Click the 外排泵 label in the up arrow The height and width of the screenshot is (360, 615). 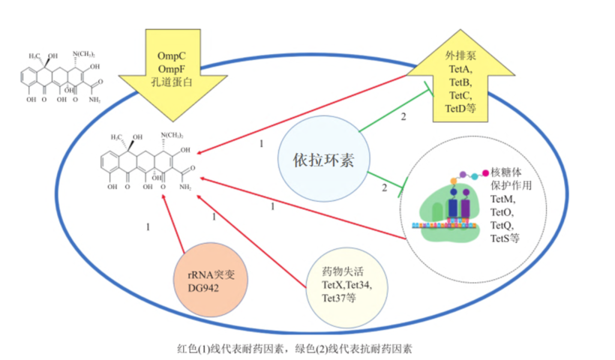tap(460, 55)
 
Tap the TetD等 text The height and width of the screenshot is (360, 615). tap(460, 109)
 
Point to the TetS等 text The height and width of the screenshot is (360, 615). tap(505, 238)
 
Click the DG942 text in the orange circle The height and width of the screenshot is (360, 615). tap(204, 289)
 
